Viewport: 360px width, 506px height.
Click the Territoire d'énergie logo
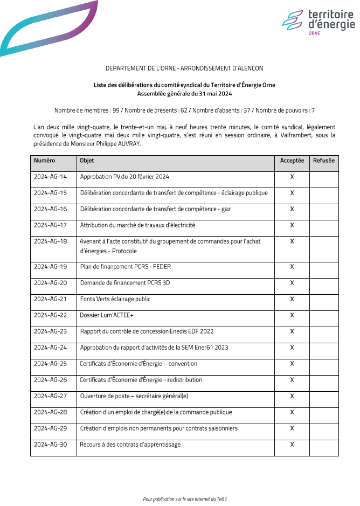point(318,22)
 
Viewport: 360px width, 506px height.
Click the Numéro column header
point(44,161)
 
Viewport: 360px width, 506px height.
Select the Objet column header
point(87,161)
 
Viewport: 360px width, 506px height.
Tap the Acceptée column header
point(292,161)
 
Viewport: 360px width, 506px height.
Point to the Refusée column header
point(323,161)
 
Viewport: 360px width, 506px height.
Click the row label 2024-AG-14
point(50,177)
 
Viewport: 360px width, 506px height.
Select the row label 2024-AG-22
point(50,315)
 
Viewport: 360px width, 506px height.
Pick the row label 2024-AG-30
point(50,445)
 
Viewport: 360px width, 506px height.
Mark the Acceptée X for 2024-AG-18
point(292,241)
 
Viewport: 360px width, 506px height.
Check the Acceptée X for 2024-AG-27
point(292,396)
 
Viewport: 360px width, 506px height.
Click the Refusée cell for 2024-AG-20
point(323,283)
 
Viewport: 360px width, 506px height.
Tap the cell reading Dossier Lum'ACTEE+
point(107,315)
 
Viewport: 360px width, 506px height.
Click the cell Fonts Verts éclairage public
point(115,299)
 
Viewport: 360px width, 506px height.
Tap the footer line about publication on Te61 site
point(185,499)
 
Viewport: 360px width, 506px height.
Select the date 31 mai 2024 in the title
point(214,94)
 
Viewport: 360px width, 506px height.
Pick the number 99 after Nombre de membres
point(115,110)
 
